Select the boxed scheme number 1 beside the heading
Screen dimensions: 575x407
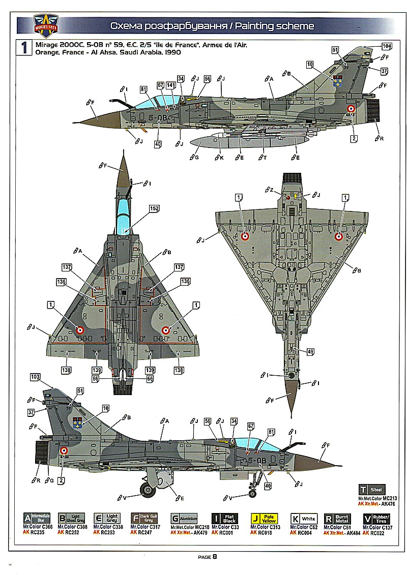23,48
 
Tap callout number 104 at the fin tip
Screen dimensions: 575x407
387,46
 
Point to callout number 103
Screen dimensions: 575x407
35,377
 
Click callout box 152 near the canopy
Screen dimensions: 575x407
154,208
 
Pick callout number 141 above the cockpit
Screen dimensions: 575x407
171,85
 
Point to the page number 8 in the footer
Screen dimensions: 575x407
215,556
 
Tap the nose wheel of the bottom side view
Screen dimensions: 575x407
252,493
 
